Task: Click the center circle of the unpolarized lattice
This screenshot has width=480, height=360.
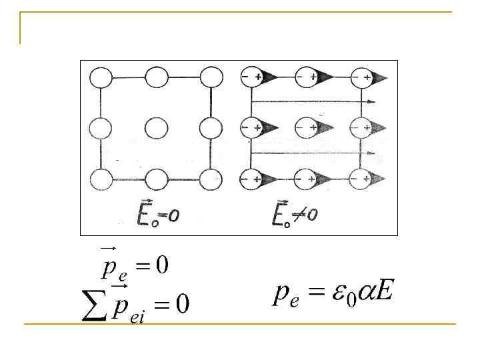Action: (156, 127)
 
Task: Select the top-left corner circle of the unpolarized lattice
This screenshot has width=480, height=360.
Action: (101, 77)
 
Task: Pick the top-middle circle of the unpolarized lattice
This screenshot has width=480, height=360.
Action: (156, 77)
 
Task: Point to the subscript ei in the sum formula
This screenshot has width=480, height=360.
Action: (137, 319)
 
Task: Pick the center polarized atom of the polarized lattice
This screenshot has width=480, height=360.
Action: (308, 127)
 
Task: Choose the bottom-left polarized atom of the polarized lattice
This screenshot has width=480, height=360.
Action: (252, 179)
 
